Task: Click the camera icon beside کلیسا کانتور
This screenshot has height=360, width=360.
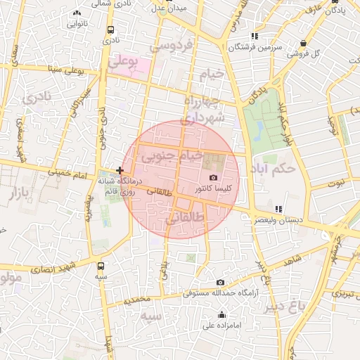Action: tap(214, 178)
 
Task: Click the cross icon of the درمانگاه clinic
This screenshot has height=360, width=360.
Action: tap(120, 170)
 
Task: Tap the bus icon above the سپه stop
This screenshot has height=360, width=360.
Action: tap(101, 266)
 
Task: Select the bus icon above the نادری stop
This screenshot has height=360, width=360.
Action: tap(110, 30)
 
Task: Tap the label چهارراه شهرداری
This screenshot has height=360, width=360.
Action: tap(203, 109)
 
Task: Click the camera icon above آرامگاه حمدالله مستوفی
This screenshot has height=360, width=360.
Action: tap(220, 282)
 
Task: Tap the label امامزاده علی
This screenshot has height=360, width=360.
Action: tap(222, 325)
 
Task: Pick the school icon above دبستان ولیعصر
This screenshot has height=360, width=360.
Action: tap(279, 208)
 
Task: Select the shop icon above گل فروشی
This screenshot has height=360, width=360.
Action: tap(302, 42)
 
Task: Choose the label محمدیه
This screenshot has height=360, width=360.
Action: tap(136, 300)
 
